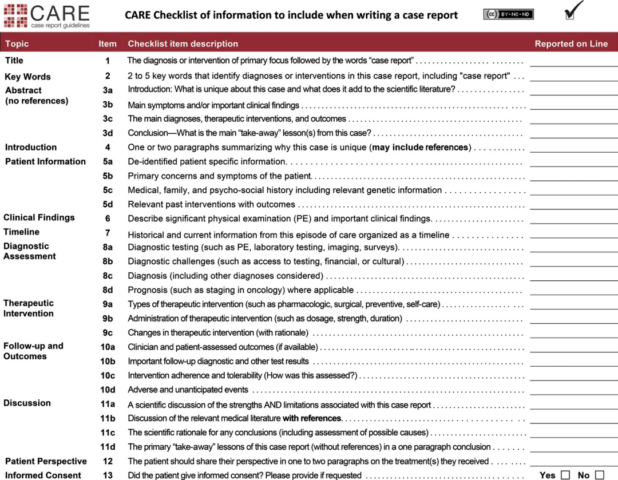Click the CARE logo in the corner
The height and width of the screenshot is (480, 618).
pos(46,15)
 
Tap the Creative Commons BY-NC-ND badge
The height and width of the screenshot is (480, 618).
pos(508,14)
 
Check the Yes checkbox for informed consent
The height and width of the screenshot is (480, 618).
pos(565,475)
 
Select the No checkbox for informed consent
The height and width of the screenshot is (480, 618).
pos(599,475)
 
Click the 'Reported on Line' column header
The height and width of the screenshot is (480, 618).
pos(571,43)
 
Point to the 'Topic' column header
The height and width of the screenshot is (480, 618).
pos(17,43)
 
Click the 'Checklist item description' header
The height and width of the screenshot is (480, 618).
pos(183,43)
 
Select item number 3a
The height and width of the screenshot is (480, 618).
pos(108,90)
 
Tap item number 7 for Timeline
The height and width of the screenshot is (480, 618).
pos(108,233)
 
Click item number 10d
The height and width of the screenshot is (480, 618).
pos(108,390)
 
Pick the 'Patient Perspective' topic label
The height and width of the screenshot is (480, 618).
pos(46,461)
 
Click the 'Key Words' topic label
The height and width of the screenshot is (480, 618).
pos(27,77)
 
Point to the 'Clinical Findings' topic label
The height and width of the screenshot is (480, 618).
pos(39,217)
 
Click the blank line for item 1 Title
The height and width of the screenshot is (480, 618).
pos(573,64)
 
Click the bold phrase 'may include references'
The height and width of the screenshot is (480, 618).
pos(420,148)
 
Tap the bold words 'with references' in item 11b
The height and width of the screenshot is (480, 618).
pos(312,418)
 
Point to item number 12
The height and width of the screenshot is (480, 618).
pos(108,461)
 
